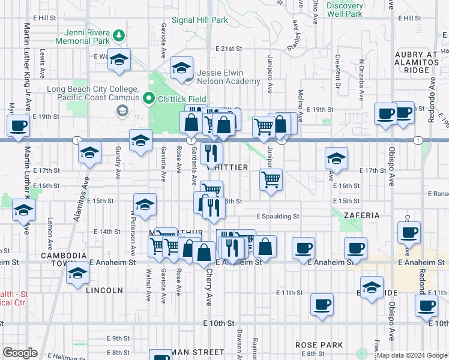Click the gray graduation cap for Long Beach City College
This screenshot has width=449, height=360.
(122, 110)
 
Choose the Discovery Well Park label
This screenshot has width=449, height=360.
(345, 9)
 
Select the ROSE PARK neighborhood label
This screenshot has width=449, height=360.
(319, 345)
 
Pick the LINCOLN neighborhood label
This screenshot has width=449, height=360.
(104, 290)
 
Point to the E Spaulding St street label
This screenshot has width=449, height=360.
(277, 216)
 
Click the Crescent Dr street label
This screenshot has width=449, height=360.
(338, 70)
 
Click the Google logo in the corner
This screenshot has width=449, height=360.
(20, 353)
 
